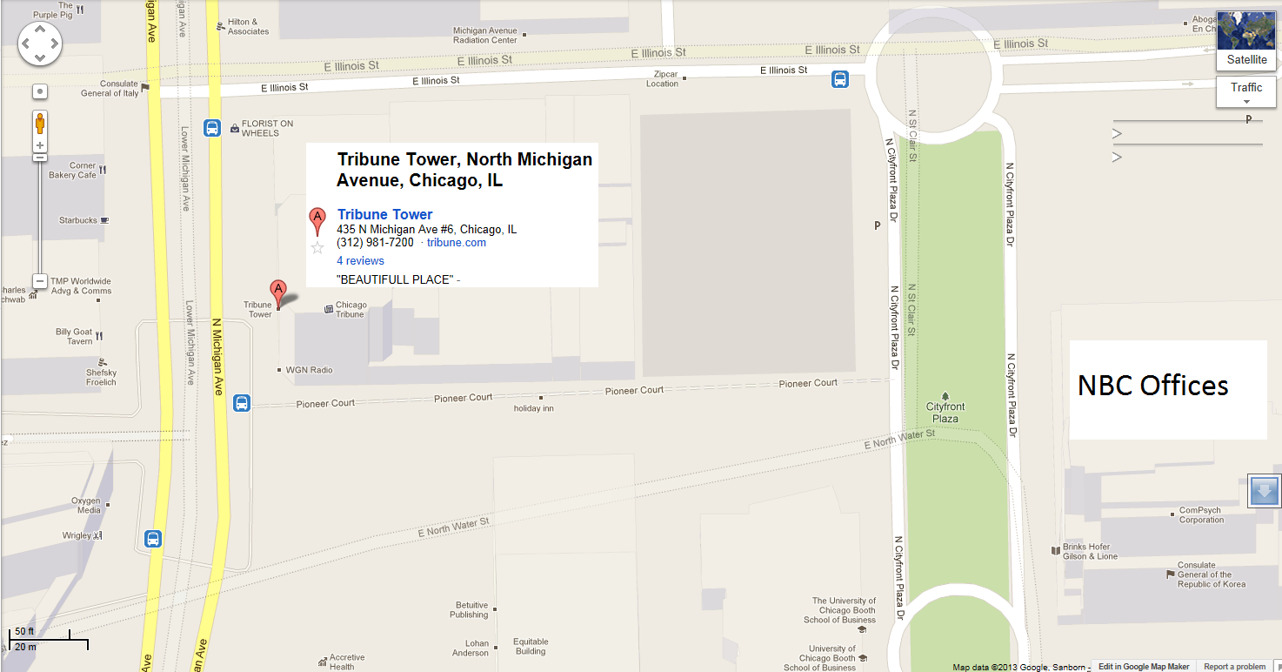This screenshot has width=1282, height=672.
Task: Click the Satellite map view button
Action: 1246,41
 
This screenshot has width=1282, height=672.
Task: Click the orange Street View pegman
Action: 40,124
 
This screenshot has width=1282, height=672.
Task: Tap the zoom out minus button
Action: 40,281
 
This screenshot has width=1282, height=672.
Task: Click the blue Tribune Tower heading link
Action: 384,214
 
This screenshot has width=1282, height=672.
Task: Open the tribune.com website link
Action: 456,243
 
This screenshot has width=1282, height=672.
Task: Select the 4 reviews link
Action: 360,260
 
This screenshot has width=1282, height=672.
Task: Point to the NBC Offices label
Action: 1152,386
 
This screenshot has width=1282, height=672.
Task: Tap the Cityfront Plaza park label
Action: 945,412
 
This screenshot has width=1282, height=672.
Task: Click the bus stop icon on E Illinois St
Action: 840,79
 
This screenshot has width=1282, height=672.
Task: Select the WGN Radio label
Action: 310,370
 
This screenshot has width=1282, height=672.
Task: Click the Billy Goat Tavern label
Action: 74,337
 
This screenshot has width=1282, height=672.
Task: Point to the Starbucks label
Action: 78,220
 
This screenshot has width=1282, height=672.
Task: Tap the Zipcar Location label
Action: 662,79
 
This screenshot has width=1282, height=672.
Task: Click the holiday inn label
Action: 533,408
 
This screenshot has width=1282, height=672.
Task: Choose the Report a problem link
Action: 1234,667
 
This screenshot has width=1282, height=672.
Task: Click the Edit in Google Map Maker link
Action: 1143,667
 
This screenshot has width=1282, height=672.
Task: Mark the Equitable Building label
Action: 530,647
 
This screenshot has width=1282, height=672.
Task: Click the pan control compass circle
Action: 40,42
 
